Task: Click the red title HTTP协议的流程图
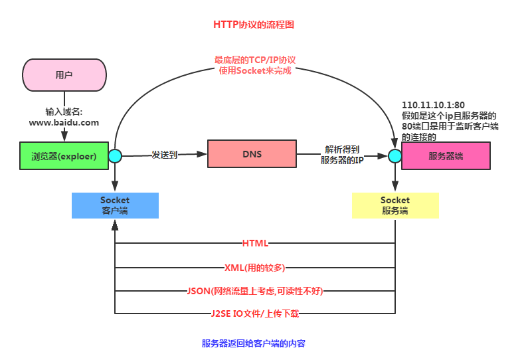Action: [254, 25]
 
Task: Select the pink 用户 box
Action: [64, 75]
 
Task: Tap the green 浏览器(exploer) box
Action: [64, 156]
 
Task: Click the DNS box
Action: [252, 154]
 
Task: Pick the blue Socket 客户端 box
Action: [115, 205]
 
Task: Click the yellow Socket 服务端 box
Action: [395, 205]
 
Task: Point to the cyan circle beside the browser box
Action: [115, 156]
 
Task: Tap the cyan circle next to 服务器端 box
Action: [395, 156]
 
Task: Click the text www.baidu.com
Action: [64, 122]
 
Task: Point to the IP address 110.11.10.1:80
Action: [434, 105]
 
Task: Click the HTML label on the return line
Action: [255, 244]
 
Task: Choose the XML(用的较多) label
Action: [255, 267]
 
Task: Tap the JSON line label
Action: [255, 290]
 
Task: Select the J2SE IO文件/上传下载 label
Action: [255, 313]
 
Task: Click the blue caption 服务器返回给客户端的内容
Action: [254, 344]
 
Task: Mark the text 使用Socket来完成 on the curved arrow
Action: [255, 70]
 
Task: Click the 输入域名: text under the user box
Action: [64, 112]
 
